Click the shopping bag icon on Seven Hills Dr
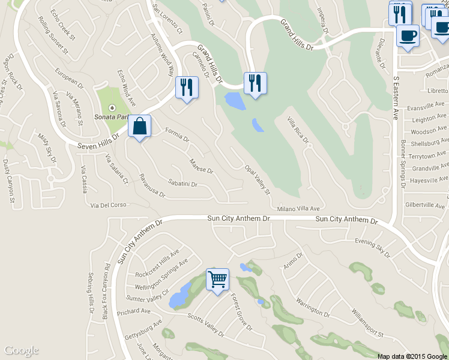click(x=139, y=127)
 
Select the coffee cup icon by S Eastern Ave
click(x=408, y=35)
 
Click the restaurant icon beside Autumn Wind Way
click(x=187, y=88)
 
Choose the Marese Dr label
click(x=201, y=166)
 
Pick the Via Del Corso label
click(x=109, y=205)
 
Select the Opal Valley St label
click(x=258, y=179)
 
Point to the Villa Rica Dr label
click(x=298, y=130)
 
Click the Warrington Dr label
click(x=309, y=305)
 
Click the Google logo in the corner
click(x=21, y=350)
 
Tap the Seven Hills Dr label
click(x=99, y=141)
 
